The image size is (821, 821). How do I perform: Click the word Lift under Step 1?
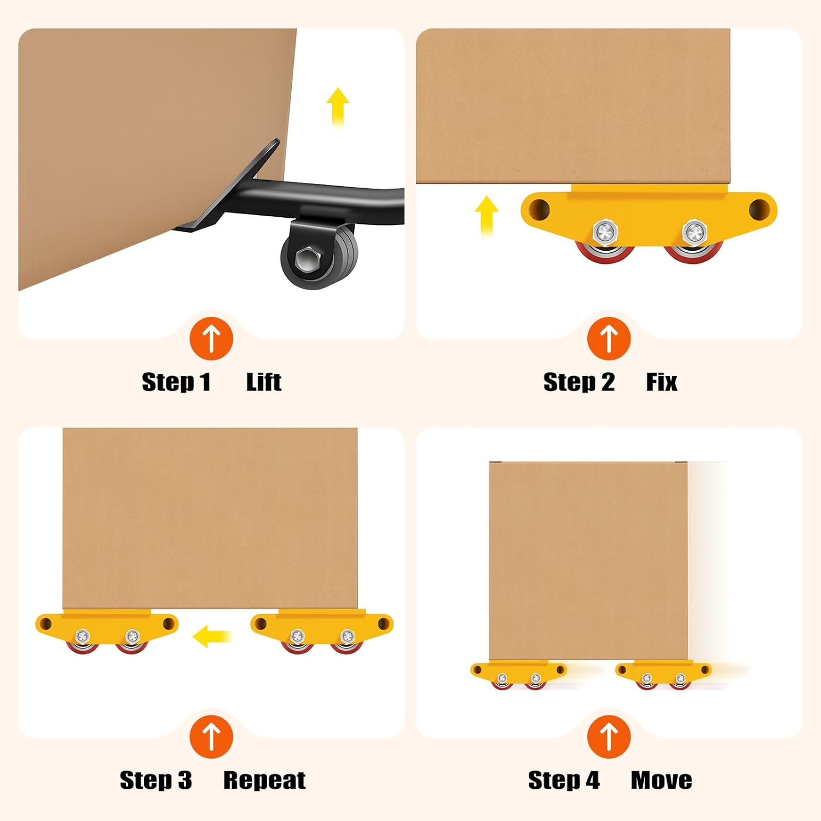click(x=264, y=382)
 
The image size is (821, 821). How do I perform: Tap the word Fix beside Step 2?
click(x=662, y=382)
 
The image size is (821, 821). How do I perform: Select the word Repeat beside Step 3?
click(x=264, y=780)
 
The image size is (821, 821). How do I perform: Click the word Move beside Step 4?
click(x=661, y=780)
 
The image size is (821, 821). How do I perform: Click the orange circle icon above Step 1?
click(x=211, y=338)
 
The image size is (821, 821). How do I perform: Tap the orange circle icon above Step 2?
click(x=609, y=338)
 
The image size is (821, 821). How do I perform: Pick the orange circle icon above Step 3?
click(x=211, y=736)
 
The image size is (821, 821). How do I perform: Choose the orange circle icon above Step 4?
click(x=609, y=736)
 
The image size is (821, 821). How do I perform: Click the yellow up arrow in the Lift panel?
click(x=338, y=107)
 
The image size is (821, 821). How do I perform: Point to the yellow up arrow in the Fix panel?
click(x=486, y=216)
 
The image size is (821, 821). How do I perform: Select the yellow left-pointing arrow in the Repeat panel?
click(x=213, y=636)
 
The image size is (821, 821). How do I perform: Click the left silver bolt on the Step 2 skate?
click(x=605, y=233)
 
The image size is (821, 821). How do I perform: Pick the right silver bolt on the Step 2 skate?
click(x=694, y=233)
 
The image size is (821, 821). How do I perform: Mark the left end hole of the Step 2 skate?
click(x=539, y=207)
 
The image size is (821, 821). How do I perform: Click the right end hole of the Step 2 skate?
click(x=759, y=208)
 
